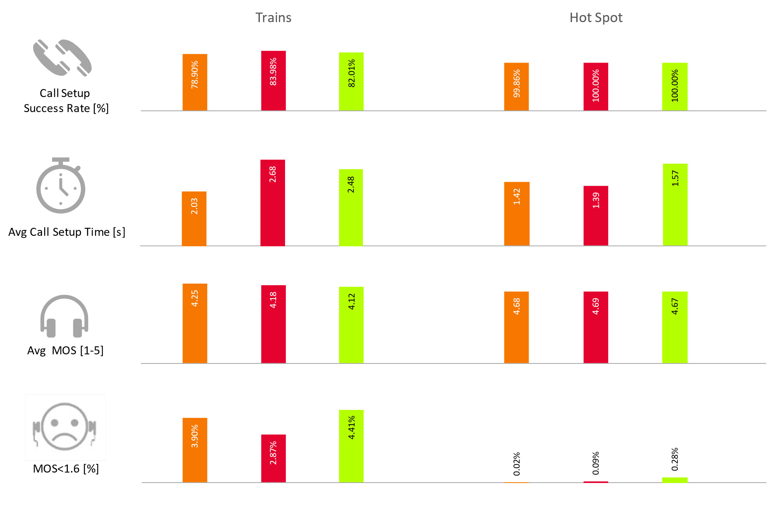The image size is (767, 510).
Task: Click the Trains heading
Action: click(x=273, y=18)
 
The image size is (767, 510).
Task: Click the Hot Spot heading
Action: click(x=596, y=18)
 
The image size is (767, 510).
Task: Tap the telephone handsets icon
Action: click(x=62, y=58)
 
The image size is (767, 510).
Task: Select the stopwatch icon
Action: click(x=61, y=186)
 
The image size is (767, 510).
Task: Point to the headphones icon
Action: click(x=64, y=317)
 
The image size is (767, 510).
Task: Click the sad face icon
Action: click(x=65, y=427)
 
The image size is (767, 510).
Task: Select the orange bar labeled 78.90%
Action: click(x=195, y=82)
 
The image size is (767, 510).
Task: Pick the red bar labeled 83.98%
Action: click(x=273, y=81)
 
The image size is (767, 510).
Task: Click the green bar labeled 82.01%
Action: click(x=351, y=81)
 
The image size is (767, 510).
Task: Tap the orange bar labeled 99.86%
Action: click(x=516, y=87)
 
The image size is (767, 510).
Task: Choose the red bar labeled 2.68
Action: click(x=273, y=203)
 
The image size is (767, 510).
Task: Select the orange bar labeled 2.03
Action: click(x=194, y=219)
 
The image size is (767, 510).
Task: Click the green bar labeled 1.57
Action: click(x=675, y=204)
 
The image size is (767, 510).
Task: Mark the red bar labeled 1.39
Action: click(x=596, y=216)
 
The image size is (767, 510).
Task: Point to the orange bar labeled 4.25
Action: click(x=195, y=323)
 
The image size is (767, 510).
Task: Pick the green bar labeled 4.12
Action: click(x=351, y=325)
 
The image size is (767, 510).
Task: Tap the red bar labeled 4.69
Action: click(x=596, y=327)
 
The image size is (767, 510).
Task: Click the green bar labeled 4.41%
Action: click(x=351, y=446)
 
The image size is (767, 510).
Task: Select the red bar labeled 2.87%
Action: click(x=273, y=458)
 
